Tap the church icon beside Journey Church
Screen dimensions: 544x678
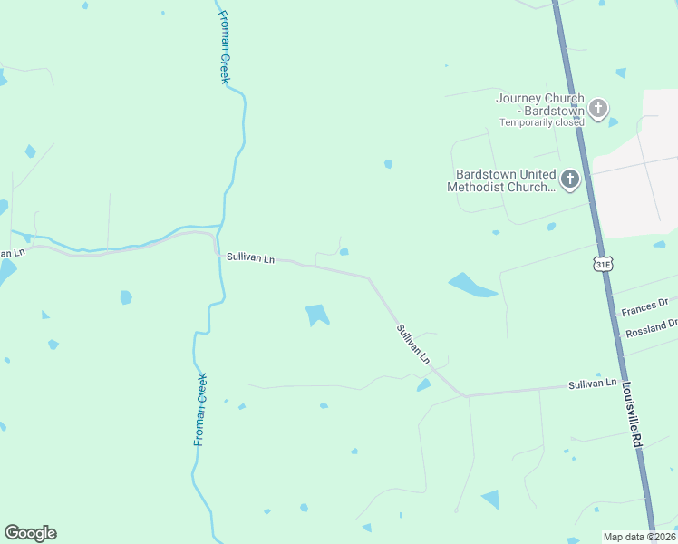pyautogui.click(x=598, y=110)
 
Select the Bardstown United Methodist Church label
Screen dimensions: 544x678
pyautogui.click(x=501, y=180)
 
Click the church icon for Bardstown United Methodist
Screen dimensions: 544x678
pyautogui.click(x=570, y=180)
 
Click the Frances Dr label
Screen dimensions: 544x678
pyautogui.click(x=644, y=308)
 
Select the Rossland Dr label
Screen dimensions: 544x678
pyautogui.click(x=650, y=329)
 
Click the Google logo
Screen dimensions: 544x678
pyautogui.click(x=30, y=533)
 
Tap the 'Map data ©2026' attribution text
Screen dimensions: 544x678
pyautogui.click(x=639, y=537)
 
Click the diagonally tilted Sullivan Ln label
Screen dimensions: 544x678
pyautogui.click(x=412, y=344)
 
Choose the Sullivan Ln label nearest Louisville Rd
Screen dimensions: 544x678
pyautogui.click(x=592, y=385)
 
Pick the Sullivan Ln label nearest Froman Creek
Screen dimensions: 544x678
pyautogui.click(x=250, y=258)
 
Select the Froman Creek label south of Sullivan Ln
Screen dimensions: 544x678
pyautogui.click(x=200, y=409)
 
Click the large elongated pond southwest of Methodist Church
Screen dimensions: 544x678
pyautogui.click(x=471, y=286)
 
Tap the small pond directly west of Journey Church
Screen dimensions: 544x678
pyautogui.click(x=388, y=164)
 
